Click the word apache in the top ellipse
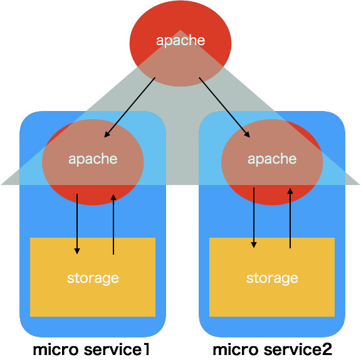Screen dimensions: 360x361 (x=180, y=41)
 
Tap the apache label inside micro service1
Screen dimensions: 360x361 (x=93, y=159)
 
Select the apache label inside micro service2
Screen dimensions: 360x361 (x=272, y=159)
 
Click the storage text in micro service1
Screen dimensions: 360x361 (x=93, y=277)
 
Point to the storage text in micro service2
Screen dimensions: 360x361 (x=272, y=277)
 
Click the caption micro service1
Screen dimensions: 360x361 (x=92, y=348)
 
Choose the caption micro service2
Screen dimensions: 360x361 (x=272, y=348)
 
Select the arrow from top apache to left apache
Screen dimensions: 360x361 (x=130, y=107)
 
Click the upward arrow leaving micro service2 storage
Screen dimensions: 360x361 (x=290, y=220)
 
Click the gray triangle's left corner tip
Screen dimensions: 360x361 (x=3, y=184)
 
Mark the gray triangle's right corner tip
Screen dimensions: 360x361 (x=358, y=184)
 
